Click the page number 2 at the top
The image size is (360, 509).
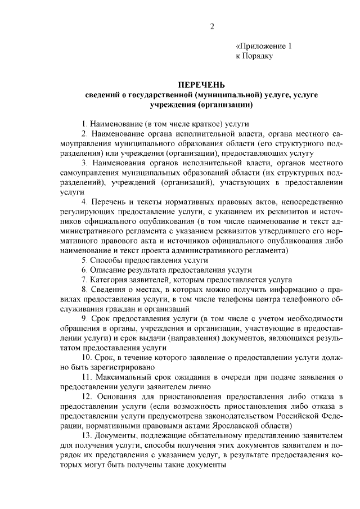[x=212, y=26]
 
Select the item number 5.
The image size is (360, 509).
[x=84, y=260]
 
